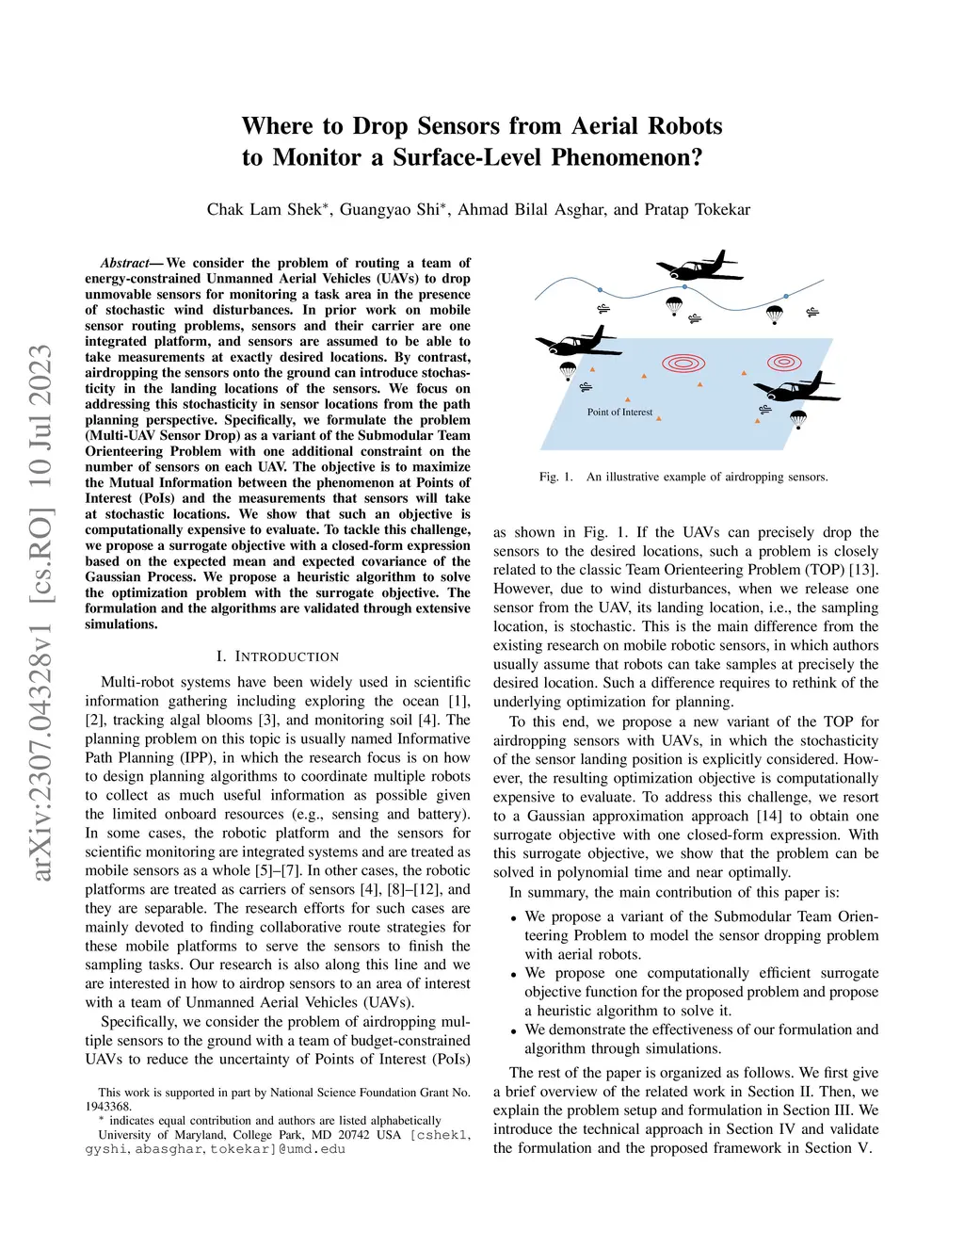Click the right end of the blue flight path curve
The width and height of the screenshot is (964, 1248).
(x=824, y=281)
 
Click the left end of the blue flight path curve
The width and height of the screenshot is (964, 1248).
(x=535, y=300)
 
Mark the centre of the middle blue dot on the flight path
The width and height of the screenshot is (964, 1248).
(x=684, y=286)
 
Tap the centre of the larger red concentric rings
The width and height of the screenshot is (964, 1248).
(x=683, y=363)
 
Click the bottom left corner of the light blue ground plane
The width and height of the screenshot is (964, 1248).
(x=540, y=449)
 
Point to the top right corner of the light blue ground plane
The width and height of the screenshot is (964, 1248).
(x=833, y=338)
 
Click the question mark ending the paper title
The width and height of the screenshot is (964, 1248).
(x=696, y=156)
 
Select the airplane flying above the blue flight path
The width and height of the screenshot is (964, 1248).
(x=699, y=266)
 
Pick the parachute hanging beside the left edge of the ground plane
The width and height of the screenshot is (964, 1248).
(x=568, y=371)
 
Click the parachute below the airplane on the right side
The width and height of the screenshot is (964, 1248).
(x=798, y=420)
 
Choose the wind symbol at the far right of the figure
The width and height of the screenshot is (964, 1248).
(x=812, y=313)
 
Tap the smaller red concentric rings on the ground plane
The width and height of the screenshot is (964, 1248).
(x=784, y=363)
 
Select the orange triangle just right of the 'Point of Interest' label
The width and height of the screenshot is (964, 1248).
(x=659, y=419)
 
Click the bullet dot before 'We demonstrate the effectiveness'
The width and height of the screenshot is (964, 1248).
(x=514, y=1032)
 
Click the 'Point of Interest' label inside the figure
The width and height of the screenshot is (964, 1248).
(x=619, y=412)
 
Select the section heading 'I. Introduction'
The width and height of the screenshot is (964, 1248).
(x=278, y=656)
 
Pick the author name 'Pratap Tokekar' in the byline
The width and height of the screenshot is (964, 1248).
(x=698, y=210)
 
